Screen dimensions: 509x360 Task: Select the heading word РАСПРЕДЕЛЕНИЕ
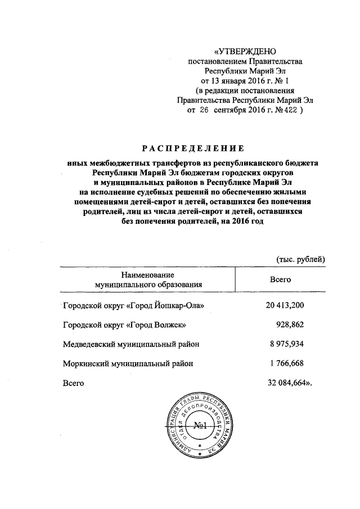point(192,149)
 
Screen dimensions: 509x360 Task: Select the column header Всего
point(281,279)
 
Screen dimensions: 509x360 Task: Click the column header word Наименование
point(148,274)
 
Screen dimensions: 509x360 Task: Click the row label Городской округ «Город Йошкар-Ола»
point(133,306)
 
